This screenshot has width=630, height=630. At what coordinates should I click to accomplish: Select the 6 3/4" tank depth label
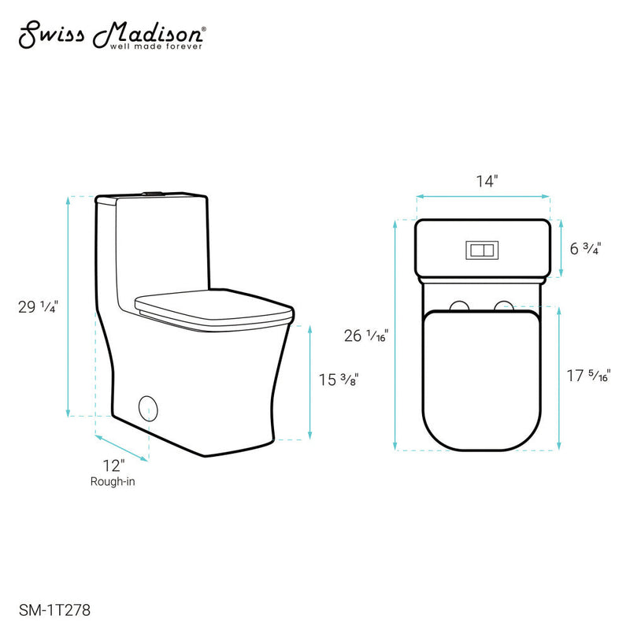(587, 249)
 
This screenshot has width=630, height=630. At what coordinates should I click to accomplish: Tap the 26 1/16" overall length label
(365, 335)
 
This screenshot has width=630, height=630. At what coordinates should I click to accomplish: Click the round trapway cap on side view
(147, 408)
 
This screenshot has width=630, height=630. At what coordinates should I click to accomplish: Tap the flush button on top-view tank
(482, 250)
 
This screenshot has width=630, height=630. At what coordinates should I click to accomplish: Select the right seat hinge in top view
(502, 306)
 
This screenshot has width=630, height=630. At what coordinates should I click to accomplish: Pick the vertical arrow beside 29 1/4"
(69, 306)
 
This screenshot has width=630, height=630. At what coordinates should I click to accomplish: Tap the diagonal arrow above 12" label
(122, 446)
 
